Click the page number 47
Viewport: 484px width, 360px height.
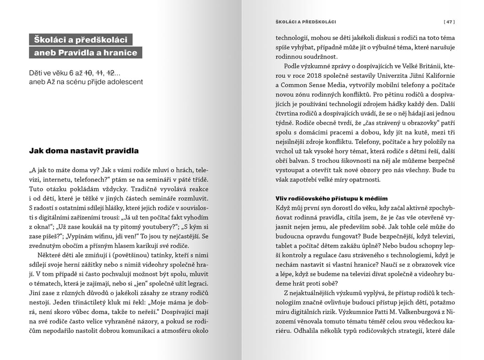pos(449,21)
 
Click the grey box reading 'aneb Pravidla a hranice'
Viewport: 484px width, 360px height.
pos(86,53)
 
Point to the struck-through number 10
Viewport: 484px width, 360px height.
pos(89,73)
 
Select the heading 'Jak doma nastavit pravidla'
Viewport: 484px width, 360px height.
pos(84,150)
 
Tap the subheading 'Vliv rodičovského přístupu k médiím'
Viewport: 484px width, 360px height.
pos(331,199)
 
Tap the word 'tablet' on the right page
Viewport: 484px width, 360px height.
pos(285,245)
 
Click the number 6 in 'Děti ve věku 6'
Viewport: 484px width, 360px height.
pos(71,73)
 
